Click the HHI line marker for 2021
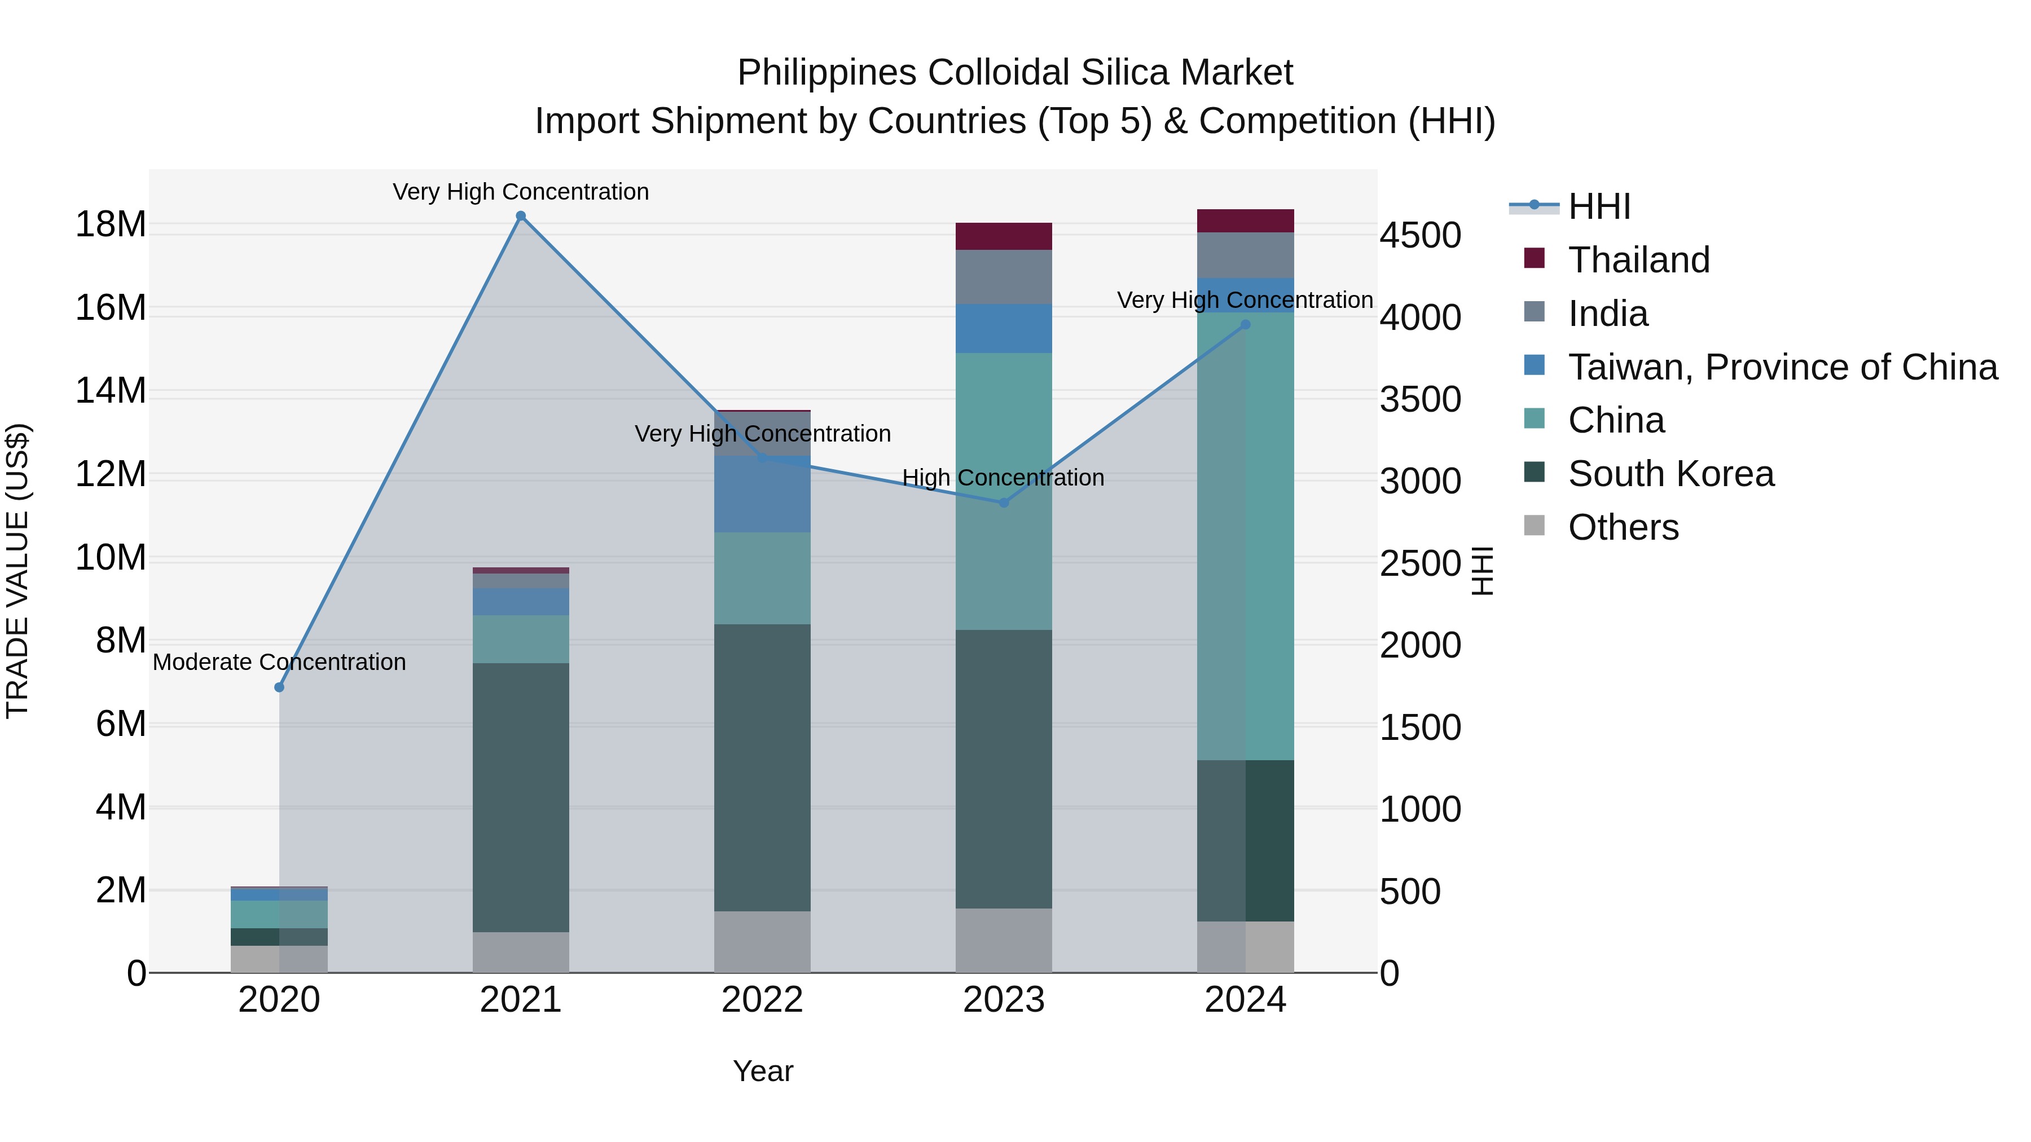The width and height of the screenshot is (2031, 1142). pos(520,216)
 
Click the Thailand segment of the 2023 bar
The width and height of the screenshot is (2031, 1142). pos(1004,236)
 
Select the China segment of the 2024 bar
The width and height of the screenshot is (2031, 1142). pos(1245,536)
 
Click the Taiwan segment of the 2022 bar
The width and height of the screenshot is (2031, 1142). pos(762,494)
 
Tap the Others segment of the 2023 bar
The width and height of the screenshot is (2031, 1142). pos(1004,940)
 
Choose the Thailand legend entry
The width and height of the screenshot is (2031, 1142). pos(1638,260)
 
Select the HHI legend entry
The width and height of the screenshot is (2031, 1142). pos(1598,206)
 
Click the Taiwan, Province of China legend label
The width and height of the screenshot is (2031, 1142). pos(1782,367)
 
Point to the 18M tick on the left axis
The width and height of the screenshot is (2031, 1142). pos(111,224)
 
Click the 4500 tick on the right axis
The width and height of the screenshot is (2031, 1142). pos(1420,235)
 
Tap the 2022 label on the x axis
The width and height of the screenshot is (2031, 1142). pos(762,1000)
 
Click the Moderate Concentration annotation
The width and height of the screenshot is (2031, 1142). pos(279,662)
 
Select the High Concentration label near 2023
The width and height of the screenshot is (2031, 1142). pos(1003,478)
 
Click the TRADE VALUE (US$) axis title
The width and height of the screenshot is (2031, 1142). pos(17,571)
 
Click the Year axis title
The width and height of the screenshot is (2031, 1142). pos(762,1071)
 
